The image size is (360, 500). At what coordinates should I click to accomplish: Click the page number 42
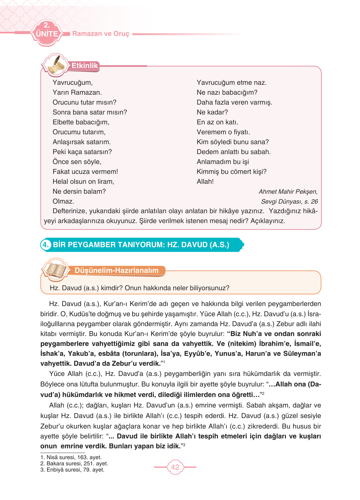(x=175, y=467)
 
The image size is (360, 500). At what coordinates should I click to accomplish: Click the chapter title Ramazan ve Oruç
(x=101, y=34)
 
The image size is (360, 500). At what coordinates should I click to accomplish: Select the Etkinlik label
(x=85, y=66)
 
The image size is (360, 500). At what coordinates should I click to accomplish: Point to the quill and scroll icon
(x=56, y=65)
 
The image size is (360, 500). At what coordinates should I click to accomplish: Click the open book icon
(x=56, y=270)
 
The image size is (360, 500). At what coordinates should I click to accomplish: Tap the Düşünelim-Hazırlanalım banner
(x=117, y=270)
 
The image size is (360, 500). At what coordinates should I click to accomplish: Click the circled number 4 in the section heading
(x=46, y=245)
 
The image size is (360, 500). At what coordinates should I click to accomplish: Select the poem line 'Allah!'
(x=205, y=182)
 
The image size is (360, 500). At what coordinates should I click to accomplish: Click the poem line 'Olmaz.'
(x=63, y=201)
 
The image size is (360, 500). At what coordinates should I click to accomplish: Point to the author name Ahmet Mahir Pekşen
(x=288, y=192)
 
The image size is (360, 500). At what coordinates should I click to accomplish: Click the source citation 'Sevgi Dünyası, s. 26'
(x=289, y=201)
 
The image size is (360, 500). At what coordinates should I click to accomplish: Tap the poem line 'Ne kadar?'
(x=212, y=112)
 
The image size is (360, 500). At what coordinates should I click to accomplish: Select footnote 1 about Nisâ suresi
(x=71, y=457)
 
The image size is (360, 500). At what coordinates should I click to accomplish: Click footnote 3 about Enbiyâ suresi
(x=72, y=469)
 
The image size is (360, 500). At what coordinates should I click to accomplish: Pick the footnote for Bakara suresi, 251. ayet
(x=74, y=463)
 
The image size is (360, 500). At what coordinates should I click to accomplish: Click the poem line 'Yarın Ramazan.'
(x=77, y=93)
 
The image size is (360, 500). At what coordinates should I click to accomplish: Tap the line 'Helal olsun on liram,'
(x=83, y=182)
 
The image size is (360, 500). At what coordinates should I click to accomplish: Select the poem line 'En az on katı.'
(x=217, y=122)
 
